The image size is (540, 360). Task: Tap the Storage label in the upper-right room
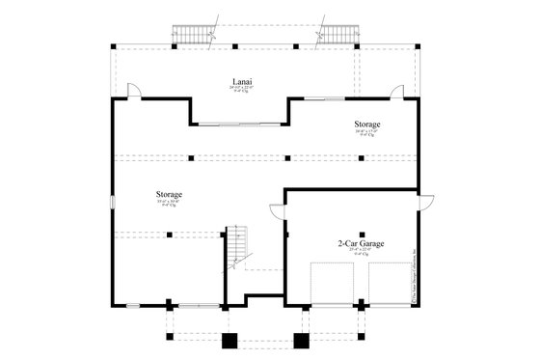[365, 125]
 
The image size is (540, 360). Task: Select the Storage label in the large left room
[169, 195]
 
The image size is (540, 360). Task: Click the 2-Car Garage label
[361, 244]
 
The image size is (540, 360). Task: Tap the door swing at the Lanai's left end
[136, 91]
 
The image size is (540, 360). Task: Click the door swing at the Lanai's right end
[395, 91]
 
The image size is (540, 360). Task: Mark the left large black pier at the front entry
[229, 341]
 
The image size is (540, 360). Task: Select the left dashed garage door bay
[331, 282]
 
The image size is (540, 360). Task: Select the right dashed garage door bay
[390, 282]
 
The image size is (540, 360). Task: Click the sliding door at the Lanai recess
[239, 123]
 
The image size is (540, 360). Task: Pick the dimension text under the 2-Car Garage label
[361, 253]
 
